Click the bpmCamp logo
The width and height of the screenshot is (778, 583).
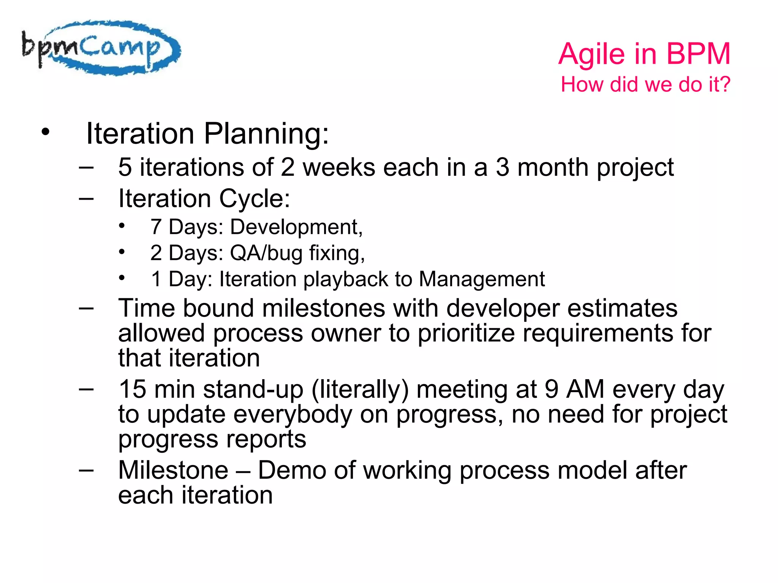tap(101, 48)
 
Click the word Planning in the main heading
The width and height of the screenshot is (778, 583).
tap(266, 134)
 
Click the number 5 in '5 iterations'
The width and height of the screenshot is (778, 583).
tap(125, 167)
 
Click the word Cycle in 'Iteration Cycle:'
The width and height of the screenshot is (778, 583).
tap(254, 199)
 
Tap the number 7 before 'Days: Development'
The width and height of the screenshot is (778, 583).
tap(156, 227)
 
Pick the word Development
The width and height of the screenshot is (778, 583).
tap(296, 227)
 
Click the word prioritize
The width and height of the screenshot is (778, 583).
tap(466, 333)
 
